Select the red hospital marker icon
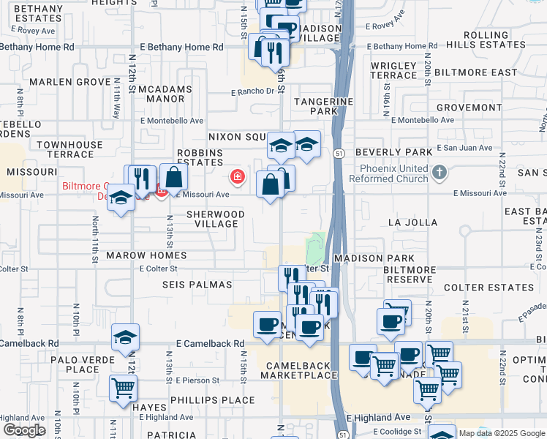[x=237, y=176]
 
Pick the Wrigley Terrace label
[x=393, y=71]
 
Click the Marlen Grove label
[x=70, y=82]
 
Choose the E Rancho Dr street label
[x=257, y=92]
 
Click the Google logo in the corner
[x=24, y=430]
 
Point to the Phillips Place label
[x=213, y=400]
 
